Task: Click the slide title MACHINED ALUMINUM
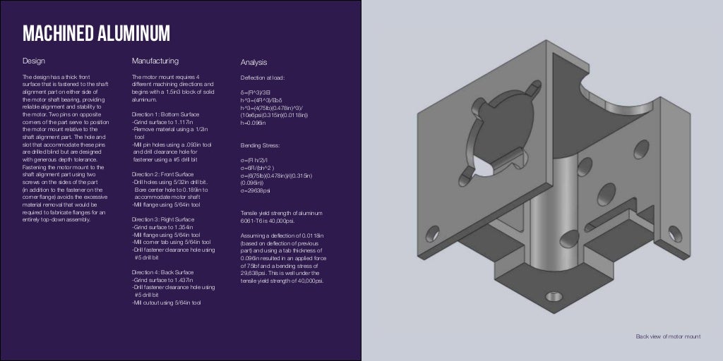[96, 33]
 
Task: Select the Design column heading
[33, 61]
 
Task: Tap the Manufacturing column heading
[155, 61]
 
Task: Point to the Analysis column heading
[253, 62]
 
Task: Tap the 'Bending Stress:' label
[261, 145]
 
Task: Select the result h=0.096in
[253, 123]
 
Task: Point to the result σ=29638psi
[256, 190]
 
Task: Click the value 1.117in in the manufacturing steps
[183, 122]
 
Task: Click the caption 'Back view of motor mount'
[668, 337]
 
